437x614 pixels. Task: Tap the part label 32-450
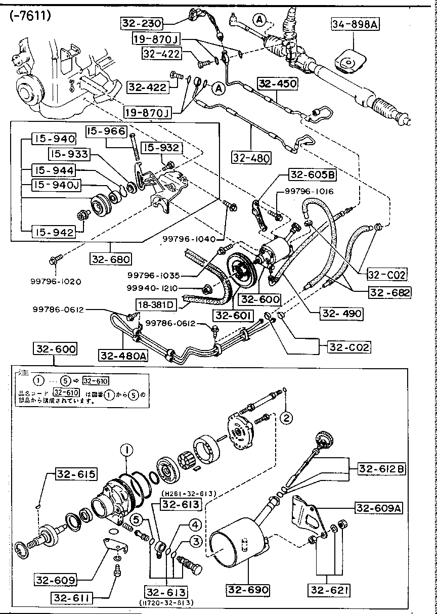click(277, 83)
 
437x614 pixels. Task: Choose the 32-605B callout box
click(312, 175)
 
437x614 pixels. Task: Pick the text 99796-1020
click(56, 281)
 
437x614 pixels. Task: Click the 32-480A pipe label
click(124, 356)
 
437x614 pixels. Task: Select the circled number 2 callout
click(286, 417)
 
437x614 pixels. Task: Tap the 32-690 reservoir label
click(248, 590)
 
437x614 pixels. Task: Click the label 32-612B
click(382, 469)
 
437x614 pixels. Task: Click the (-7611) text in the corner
click(29, 16)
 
